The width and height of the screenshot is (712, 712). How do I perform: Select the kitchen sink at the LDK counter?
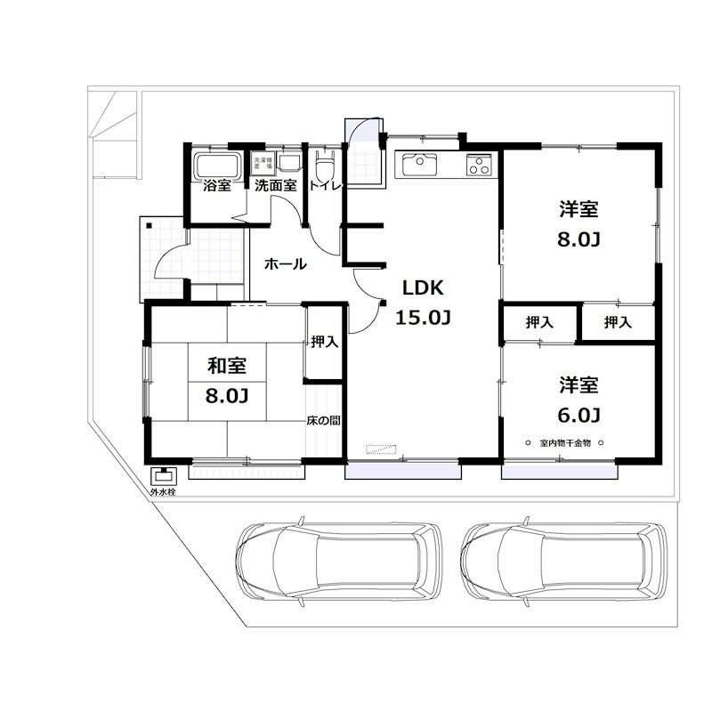(x=417, y=165)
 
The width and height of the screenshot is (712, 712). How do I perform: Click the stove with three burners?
(x=479, y=165)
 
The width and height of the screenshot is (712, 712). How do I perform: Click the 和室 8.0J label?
(x=226, y=380)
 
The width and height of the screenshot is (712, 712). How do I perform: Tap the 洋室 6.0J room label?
(x=578, y=400)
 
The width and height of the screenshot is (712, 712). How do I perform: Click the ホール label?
(x=286, y=264)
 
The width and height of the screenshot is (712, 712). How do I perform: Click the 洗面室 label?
(x=274, y=187)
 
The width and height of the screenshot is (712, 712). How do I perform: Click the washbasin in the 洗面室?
(x=289, y=163)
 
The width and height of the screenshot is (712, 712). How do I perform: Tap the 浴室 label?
(x=216, y=187)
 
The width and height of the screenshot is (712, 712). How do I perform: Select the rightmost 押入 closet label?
(x=618, y=322)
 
